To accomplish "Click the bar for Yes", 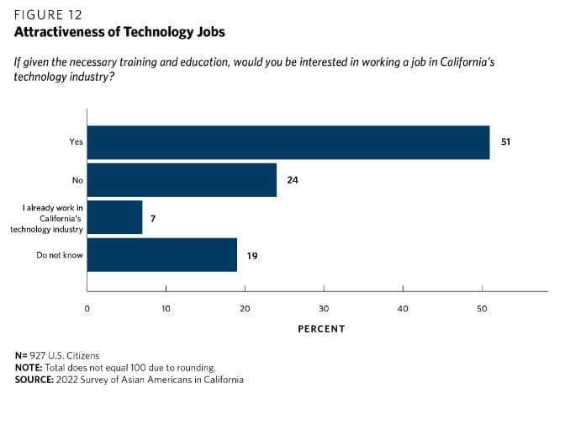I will pyautogui.click(x=288, y=142).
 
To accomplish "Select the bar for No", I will pyautogui.click(x=182, y=179).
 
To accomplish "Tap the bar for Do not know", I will pyautogui.click(x=162, y=255).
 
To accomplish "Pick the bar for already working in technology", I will pyautogui.click(x=114, y=217).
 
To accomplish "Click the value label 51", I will pyautogui.click(x=505, y=142).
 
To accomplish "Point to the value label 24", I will pyautogui.click(x=293, y=180).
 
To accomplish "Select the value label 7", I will pyautogui.click(x=153, y=218).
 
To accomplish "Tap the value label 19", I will pyautogui.click(x=252, y=255).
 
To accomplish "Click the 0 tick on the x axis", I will pyautogui.click(x=87, y=308).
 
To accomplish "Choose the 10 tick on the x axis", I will pyautogui.click(x=166, y=308).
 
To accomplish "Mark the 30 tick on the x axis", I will pyautogui.click(x=325, y=308).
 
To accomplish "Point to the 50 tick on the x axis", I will pyautogui.click(x=482, y=308).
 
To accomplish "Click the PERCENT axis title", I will pyautogui.click(x=321, y=328).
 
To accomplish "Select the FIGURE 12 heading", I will pyautogui.click(x=47, y=13).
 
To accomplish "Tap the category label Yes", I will pyautogui.click(x=76, y=142).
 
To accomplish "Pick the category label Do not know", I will pyautogui.click(x=60, y=255).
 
